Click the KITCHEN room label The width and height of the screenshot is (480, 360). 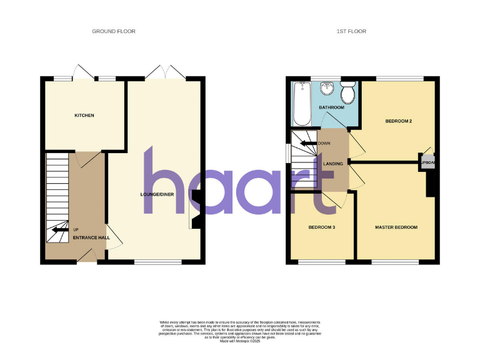(84, 116)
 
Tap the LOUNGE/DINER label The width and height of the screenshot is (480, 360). (156, 195)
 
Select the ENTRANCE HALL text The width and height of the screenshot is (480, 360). (91, 237)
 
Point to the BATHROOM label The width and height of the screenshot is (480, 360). (331, 107)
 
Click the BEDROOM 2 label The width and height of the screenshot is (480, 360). (398, 121)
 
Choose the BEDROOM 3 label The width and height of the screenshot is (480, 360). (322, 227)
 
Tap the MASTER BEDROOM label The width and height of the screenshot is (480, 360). (396, 227)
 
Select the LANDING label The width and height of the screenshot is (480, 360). (333, 164)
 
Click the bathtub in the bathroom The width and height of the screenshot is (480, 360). (301, 103)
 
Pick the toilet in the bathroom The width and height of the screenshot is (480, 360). (348, 94)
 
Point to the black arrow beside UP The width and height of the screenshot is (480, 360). (60, 230)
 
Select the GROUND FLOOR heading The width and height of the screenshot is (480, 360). (114, 31)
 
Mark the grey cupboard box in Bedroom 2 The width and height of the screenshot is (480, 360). (427, 161)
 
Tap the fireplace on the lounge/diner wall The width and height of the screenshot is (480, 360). (196, 211)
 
